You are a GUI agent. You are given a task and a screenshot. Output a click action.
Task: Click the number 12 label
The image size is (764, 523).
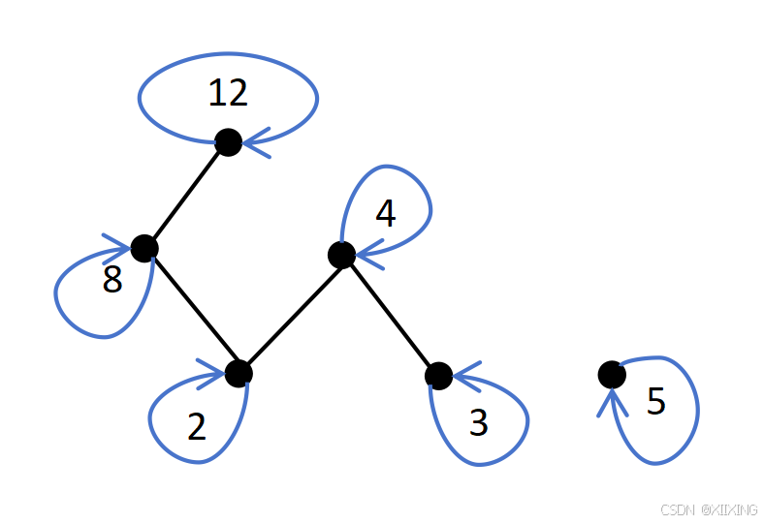228,93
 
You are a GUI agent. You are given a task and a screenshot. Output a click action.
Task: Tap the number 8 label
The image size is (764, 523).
112,281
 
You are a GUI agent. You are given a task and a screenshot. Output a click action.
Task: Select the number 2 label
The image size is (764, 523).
197,426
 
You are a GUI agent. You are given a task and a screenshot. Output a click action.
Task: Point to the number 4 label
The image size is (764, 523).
385,214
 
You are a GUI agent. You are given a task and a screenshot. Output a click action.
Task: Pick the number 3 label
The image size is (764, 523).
478,423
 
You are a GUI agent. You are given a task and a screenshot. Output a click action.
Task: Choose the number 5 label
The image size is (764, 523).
656,402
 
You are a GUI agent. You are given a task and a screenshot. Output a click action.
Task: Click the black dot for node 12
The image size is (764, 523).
228,142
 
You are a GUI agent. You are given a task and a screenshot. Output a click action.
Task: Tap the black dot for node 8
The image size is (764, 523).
143,248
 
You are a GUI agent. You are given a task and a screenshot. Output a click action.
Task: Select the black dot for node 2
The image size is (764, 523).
238,373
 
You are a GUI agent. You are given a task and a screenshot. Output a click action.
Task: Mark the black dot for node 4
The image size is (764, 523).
341,255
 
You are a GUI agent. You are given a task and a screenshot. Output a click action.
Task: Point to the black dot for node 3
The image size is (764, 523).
438,376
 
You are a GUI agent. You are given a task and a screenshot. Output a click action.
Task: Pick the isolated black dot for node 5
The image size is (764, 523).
611,374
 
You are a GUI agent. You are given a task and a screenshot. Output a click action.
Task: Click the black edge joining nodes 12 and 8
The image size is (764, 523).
186,195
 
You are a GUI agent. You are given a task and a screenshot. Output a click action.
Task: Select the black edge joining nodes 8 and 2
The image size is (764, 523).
191,311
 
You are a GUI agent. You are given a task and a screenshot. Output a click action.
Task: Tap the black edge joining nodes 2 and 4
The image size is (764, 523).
290,314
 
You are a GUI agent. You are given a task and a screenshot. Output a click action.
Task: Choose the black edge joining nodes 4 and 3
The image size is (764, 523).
390,316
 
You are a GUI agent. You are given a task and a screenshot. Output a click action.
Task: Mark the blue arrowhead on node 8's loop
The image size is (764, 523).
120,243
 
